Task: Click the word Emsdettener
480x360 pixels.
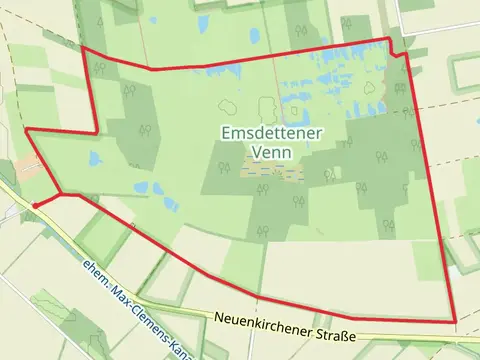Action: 265,133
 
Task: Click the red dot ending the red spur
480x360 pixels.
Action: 34,205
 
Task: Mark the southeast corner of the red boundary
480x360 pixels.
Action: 455,322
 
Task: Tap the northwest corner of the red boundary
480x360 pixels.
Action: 81,46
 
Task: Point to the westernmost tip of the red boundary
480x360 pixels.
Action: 25,129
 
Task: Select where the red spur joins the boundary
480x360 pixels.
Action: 62,193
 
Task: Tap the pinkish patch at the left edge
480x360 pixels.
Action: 29,167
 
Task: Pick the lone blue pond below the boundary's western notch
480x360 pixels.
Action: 95,158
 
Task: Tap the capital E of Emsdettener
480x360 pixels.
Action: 224,133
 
